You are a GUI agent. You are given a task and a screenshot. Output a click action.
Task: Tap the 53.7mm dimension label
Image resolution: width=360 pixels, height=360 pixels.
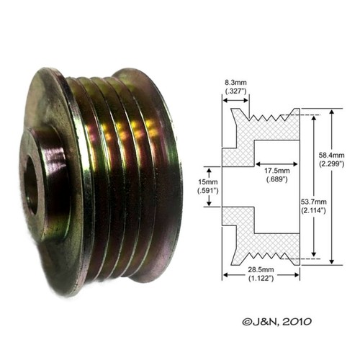click(x=315, y=200)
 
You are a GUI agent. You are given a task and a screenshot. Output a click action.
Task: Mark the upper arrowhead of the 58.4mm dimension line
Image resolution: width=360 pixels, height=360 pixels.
click(x=330, y=112)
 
